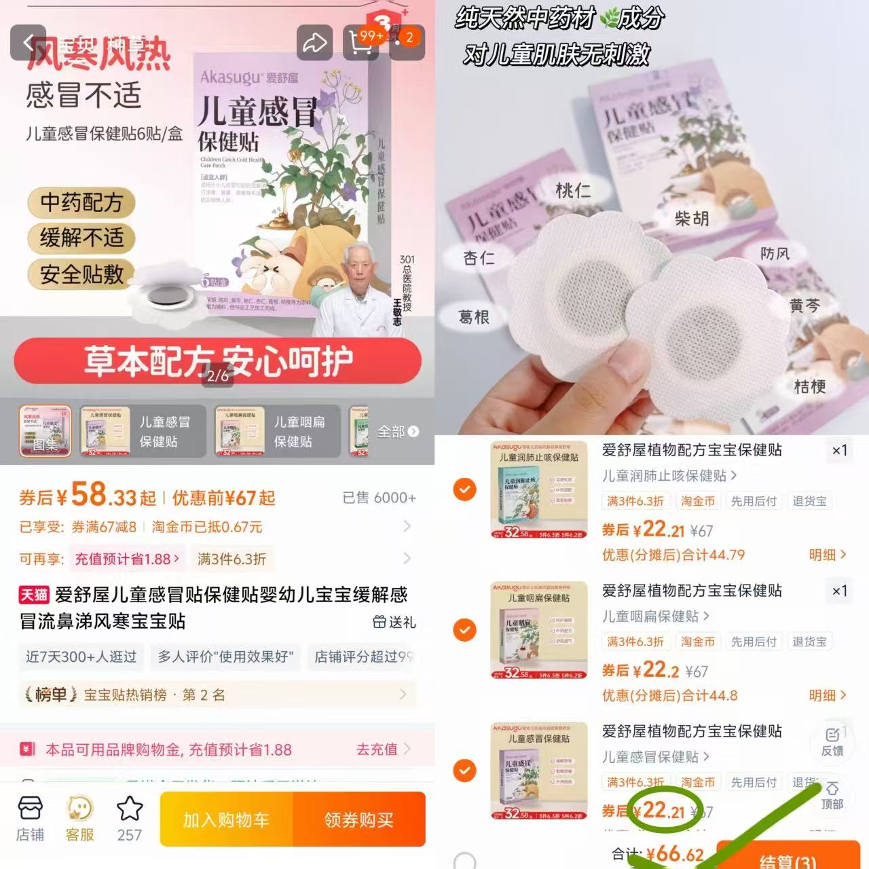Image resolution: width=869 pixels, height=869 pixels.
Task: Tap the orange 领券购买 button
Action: click(x=358, y=819)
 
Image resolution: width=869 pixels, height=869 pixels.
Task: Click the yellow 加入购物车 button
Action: click(x=226, y=819)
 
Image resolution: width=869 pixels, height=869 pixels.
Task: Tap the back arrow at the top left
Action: click(x=29, y=43)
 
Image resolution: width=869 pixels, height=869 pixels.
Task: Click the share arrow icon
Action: click(x=314, y=43)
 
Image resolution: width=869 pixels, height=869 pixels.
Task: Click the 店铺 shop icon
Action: click(x=30, y=817)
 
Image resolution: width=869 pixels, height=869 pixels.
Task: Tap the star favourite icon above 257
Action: click(x=130, y=809)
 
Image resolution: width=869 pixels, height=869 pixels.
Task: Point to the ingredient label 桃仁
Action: click(x=573, y=191)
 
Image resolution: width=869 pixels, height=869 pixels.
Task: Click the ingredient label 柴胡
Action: click(x=692, y=219)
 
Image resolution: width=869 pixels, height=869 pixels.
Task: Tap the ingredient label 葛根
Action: click(x=474, y=317)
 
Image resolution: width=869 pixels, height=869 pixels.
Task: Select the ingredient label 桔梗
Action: click(x=810, y=387)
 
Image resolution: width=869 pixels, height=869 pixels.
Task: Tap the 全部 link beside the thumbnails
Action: click(x=398, y=432)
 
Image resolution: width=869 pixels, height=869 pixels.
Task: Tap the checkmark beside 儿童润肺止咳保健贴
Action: click(x=464, y=489)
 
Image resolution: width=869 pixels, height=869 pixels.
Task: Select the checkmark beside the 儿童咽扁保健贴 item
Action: click(x=464, y=630)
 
